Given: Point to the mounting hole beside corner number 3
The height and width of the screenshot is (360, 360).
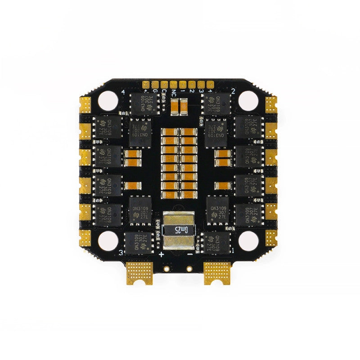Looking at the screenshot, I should (x=108, y=240).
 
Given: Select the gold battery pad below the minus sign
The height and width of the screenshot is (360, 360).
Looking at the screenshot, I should (x=217, y=272).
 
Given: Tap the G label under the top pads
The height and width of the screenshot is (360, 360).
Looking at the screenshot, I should (x=155, y=91).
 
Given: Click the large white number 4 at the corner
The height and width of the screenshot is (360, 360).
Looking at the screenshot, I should (x=123, y=93).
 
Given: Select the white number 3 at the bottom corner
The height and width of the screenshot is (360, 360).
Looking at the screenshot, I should (x=121, y=254).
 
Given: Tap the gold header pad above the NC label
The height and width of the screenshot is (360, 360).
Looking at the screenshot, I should (x=173, y=84).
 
